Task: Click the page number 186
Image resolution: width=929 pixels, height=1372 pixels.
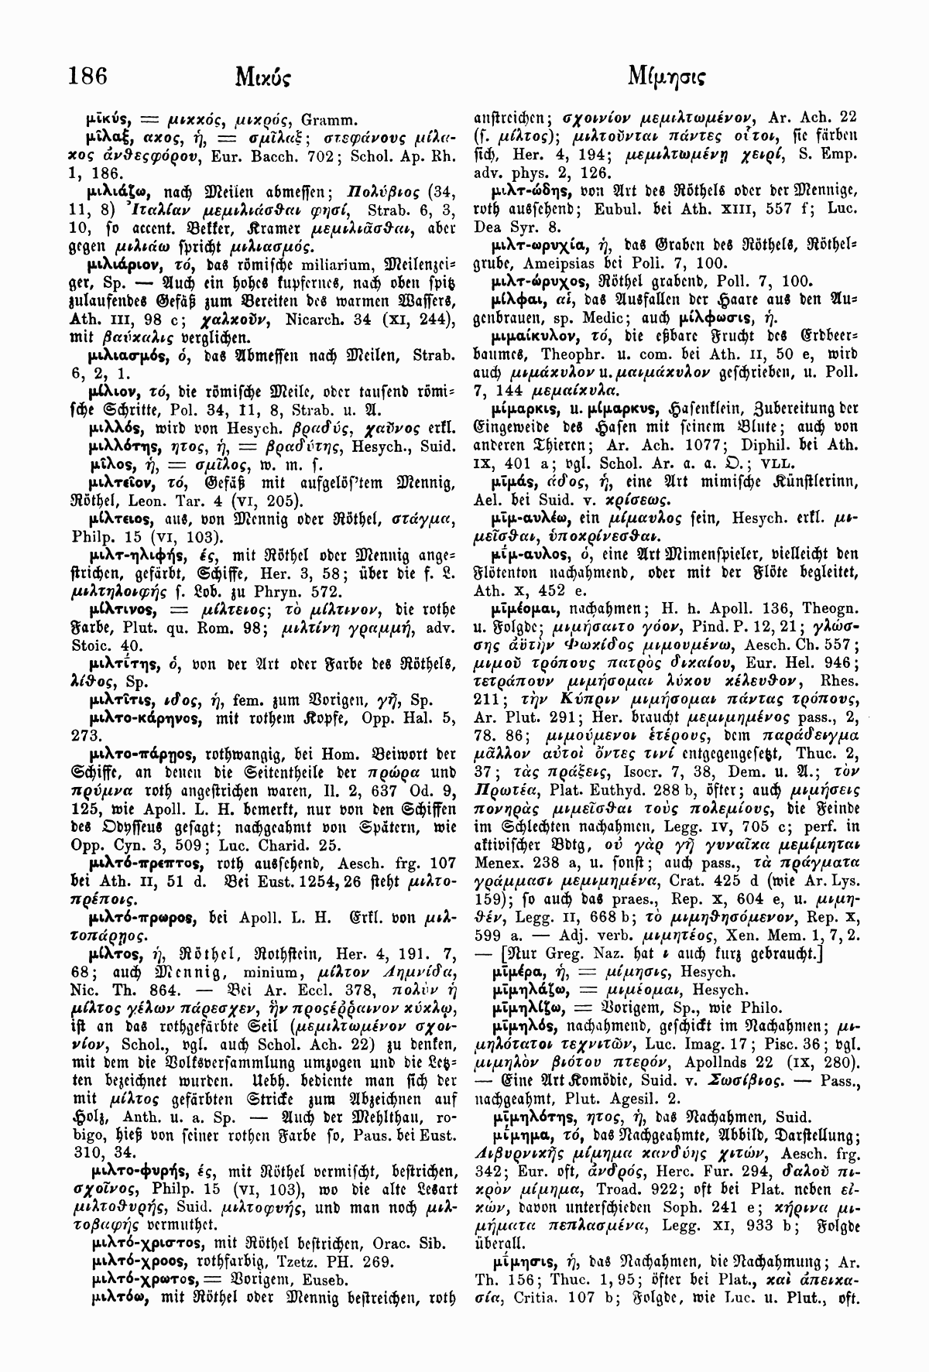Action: click(87, 76)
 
